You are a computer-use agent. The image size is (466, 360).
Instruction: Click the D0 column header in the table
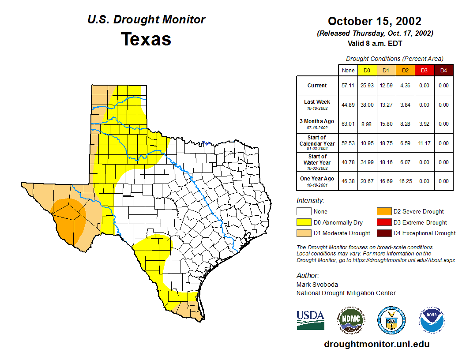click(367, 71)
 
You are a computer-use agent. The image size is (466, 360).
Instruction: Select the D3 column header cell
click(424, 71)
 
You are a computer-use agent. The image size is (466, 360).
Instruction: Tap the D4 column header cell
click(443, 71)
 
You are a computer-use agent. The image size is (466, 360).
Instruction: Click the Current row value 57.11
click(348, 86)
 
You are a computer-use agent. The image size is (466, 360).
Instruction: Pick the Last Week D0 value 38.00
click(367, 105)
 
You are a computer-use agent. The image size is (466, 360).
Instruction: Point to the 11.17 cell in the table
click(424, 143)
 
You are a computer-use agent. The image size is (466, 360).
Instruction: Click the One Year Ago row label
click(317, 179)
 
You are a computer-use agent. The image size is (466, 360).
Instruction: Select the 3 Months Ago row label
click(317, 121)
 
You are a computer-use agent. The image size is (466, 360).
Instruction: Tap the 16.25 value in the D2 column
click(405, 181)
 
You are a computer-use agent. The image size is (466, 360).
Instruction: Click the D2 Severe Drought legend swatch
click(383, 212)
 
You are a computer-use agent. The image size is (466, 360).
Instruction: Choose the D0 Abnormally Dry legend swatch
click(304, 222)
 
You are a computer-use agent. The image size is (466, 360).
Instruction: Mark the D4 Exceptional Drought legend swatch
click(383, 233)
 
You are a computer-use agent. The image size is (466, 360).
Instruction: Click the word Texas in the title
click(146, 39)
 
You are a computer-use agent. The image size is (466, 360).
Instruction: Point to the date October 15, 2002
click(375, 21)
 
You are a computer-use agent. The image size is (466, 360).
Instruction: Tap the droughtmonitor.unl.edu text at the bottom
click(376, 344)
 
